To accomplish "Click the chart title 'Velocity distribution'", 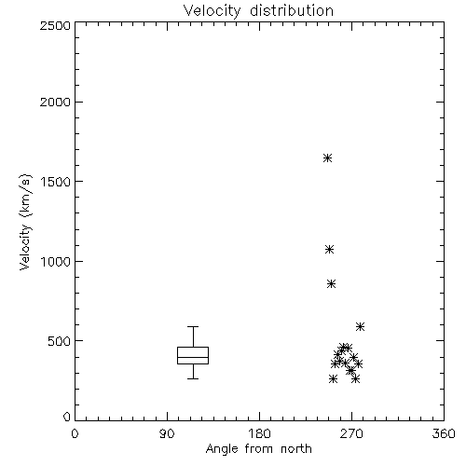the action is click(x=258, y=10).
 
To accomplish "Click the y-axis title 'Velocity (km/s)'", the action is click(x=25, y=222).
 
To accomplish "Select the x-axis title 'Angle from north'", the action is click(x=258, y=449).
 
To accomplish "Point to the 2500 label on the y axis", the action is click(x=55, y=25).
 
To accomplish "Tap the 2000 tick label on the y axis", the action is click(x=55, y=103).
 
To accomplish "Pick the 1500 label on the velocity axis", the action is click(x=56, y=182).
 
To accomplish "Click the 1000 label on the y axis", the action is click(x=56, y=262).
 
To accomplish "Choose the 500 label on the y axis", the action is click(x=60, y=341).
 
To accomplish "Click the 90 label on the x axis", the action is click(x=167, y=433).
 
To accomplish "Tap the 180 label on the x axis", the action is click(x=259, y=433).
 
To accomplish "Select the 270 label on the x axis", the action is click(x=351, y=433).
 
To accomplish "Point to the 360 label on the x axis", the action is click(x=444, y=433).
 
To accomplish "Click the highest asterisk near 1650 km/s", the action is click(x=327, y=158).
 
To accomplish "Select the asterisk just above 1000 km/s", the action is click(x=329, y=249).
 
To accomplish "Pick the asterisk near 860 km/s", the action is click(x=331, y=283).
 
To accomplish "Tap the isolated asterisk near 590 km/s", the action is click(x=360, y=326).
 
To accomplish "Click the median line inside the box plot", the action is click(x=193, y=357).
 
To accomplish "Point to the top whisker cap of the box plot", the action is click(x=193, y=326).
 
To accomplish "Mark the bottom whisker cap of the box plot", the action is click(x=193, y=378).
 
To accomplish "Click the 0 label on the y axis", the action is click(x=67, y=417).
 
